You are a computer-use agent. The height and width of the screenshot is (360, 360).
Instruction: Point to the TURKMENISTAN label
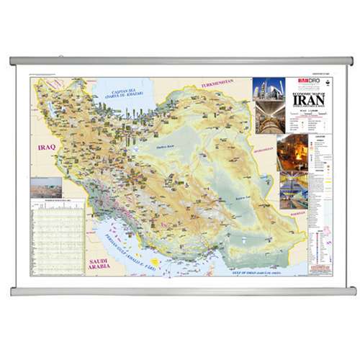[218, 84]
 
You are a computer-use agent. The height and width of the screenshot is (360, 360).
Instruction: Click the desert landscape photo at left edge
[46, 188]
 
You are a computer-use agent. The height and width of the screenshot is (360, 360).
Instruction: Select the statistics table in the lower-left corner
[58, 238]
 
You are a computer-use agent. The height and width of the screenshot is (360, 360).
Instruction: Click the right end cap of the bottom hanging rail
[352, 291]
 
